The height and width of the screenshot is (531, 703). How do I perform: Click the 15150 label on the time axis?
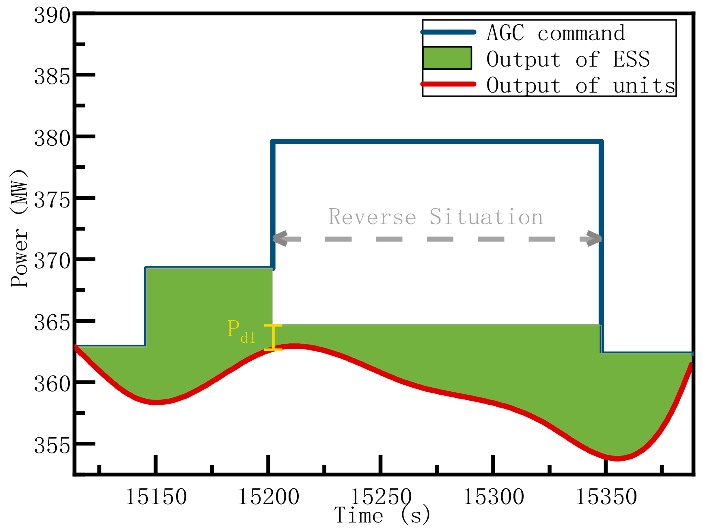point(156,497)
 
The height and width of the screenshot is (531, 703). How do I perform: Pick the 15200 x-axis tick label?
point(268,497)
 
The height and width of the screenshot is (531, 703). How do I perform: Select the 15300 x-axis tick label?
point(494,497)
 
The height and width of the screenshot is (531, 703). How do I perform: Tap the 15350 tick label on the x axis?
point(606,497)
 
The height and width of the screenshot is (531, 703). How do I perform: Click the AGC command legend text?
point(555,33)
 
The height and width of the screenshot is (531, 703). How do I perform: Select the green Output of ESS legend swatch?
point(447,58)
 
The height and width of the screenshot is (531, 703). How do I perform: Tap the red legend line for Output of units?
point(448,84)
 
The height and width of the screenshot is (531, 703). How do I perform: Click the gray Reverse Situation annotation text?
point(436,217)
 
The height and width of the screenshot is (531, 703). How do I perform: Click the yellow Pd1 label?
point(241,331)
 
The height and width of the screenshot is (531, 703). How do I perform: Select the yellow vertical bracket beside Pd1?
point(273,337)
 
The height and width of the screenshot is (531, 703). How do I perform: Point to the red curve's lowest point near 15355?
point(617,458)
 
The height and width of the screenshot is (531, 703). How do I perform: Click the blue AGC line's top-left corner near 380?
point(274,142)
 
